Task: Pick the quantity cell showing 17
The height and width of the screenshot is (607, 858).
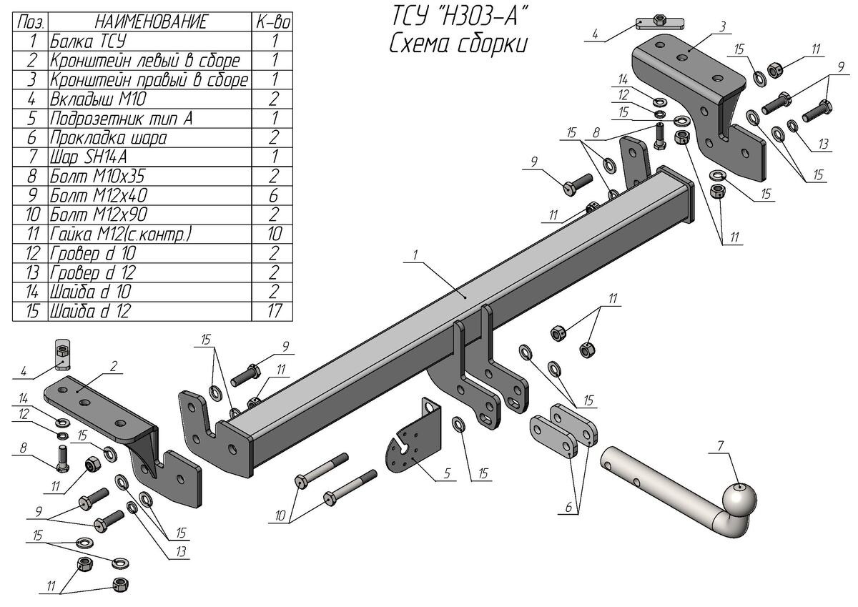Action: pyautogui.click(x=273, y=311)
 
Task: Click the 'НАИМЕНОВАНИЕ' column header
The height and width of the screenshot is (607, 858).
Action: pyautogui.click(x=150, y=21)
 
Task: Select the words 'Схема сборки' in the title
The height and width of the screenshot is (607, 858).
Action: pyautogui.click(x=458, y=44)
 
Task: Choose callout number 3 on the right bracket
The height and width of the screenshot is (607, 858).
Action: pyautogui.click(x=724, y=26)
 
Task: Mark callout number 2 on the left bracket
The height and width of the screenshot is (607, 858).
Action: pyautogui.click(x=114, y=366)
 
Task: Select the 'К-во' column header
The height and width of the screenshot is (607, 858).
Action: pyautogui.click(x=273, y=21)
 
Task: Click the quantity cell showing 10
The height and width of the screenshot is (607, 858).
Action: pyautogui.click(x=273, y=234)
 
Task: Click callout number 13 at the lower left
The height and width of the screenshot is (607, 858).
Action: pyautogui.click(x=182, y=551)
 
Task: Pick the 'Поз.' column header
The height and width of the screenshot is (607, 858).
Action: pyautogui.click(x=30, y=21)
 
